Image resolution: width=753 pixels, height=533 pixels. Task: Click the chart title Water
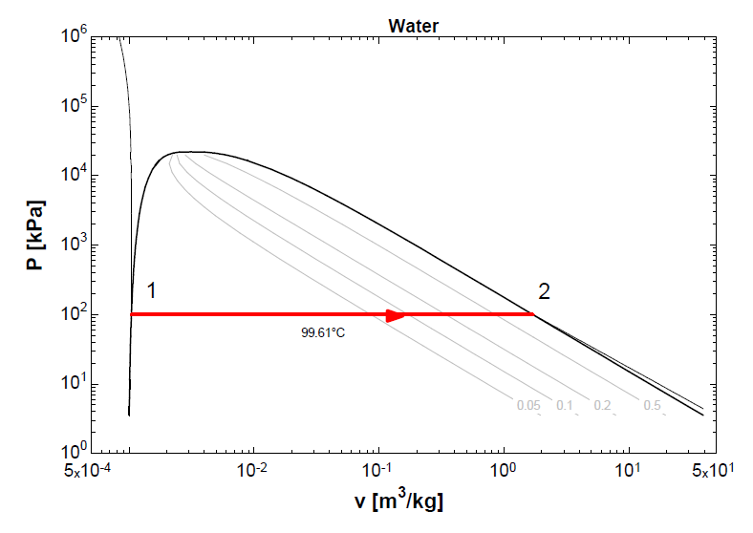point(413,26)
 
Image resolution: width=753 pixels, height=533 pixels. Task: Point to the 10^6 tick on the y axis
point(74,35)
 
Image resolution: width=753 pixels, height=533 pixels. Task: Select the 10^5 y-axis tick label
point(74,105)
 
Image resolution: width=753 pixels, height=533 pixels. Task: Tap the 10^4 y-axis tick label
point(74,175)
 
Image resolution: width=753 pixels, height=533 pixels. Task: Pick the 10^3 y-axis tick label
point(74,245)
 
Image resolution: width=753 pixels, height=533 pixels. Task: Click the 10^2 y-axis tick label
point(74,314)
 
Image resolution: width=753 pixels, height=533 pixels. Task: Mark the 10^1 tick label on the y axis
point(74,384)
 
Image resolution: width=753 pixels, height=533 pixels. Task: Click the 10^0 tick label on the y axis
point(74,450)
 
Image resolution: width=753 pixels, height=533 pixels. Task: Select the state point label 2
point(544,291)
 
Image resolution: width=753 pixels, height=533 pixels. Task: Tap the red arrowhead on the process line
point(396,314)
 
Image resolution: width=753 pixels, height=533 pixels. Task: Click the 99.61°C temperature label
point(324,333)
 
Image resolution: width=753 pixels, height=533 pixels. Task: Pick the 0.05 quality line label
point(528,405)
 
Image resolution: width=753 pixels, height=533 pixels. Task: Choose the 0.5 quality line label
point(652,405)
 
